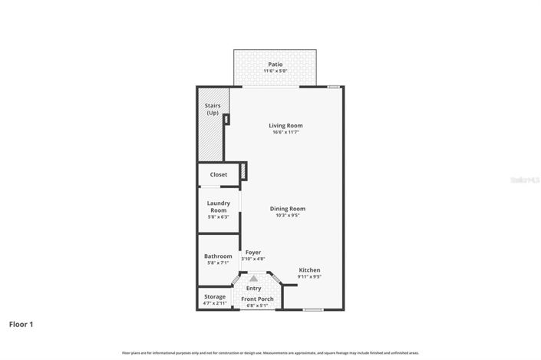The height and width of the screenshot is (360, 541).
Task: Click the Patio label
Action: [x=275, y=64]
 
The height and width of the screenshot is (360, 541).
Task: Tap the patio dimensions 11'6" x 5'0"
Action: [x=275, y=71]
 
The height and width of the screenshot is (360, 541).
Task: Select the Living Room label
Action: [x=285, y=125]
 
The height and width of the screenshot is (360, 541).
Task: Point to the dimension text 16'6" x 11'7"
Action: [x=285, y=132]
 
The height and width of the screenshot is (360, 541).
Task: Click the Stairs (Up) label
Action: [x=212, y=109]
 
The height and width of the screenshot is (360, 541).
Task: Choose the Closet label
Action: [x=219, y=174]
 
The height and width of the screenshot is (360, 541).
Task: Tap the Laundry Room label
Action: [x=219, y=206]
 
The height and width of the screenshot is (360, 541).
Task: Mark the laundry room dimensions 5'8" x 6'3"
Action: [x=219, y=216]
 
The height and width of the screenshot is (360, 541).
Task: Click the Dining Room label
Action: [x=288, y=208]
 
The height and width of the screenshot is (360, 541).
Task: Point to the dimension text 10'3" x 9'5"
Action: [x=288, y=215]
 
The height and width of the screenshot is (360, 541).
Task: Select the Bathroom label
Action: [x=218, y=256]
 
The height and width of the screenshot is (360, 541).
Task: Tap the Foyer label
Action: [x=253, y=252]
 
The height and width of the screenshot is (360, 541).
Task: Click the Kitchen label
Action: [x=309, y=269]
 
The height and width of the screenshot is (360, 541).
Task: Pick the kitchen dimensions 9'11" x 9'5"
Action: [x=309, y=277]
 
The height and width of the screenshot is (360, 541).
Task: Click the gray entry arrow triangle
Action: [x=253, y=279]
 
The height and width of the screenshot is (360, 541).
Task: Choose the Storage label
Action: [x=215, y=296]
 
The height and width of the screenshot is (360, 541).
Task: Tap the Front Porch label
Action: [x=257, y=299]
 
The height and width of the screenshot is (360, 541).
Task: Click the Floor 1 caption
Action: [x=21, y=325]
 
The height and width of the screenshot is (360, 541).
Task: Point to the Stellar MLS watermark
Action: [x=524, y=180]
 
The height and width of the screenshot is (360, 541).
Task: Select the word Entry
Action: [x=253, y=288]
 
